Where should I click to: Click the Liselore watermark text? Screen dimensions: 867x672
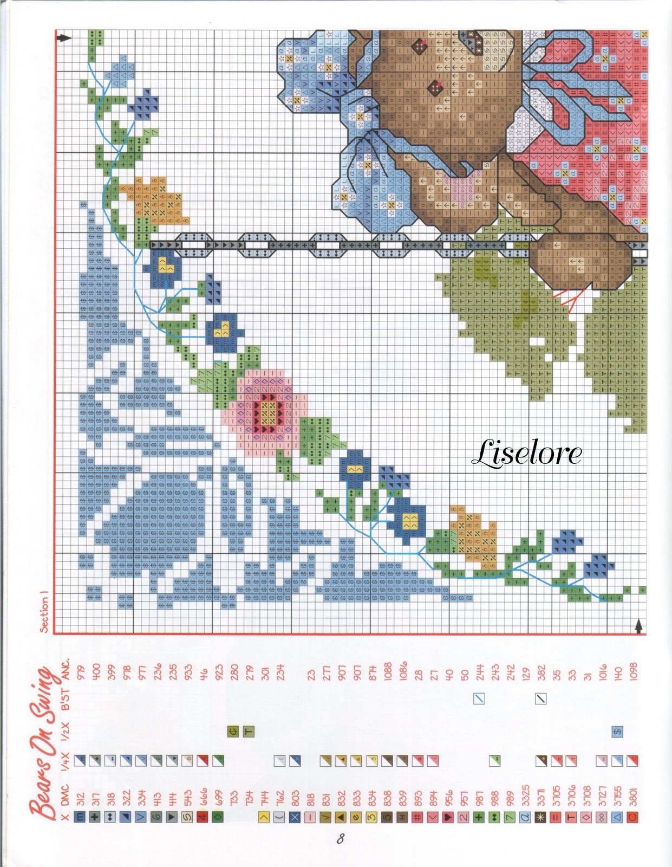click(x=526, y=454)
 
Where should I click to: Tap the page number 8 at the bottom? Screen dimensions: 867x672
click(x=340, y=839)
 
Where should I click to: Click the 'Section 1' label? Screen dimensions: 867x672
click(x=45, y=614)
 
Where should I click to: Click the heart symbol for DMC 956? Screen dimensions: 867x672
click(x=448, y=817)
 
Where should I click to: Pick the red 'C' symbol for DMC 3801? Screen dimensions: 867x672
click(x=632, y=817)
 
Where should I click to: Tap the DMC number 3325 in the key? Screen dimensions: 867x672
click(x=525, y=797)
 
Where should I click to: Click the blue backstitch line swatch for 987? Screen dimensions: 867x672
click(x=479, y=699)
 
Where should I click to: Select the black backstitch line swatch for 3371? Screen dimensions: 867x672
click(x=540, y=699)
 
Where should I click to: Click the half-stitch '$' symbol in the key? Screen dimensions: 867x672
click(x=617, y=732)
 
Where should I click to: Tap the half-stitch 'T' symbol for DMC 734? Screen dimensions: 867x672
click(x=249, y=732)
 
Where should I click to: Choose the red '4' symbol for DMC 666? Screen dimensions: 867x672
click(x=203, y=817)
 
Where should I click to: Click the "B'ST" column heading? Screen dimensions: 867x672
click(x=66, y=699)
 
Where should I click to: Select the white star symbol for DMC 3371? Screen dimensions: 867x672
click(x=540, y=817)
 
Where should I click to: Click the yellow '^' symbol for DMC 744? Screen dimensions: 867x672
click(x=264, y=817)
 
